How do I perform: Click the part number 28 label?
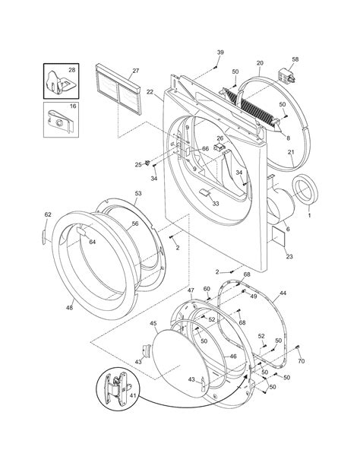point(72,70)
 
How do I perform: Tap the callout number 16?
point(73,106)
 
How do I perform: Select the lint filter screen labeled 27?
point(118,89)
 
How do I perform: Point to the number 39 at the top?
point(220,52)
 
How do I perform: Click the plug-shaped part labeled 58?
point(286,76)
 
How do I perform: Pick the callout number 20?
point(260,63)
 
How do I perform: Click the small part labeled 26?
point(219,147)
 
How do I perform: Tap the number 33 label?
point(216,204)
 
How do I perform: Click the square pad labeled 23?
point(279,236)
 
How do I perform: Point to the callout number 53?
point(138,193)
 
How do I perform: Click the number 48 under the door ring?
point(69,308)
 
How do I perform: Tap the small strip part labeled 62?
point(44,237)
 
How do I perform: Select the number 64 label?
point(93,242)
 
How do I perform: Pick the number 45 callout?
point(153,323)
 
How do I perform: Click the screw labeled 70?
point(297,347)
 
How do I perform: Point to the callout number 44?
point(283,293)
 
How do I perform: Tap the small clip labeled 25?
point(147,163)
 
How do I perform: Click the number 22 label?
point(150,92)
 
